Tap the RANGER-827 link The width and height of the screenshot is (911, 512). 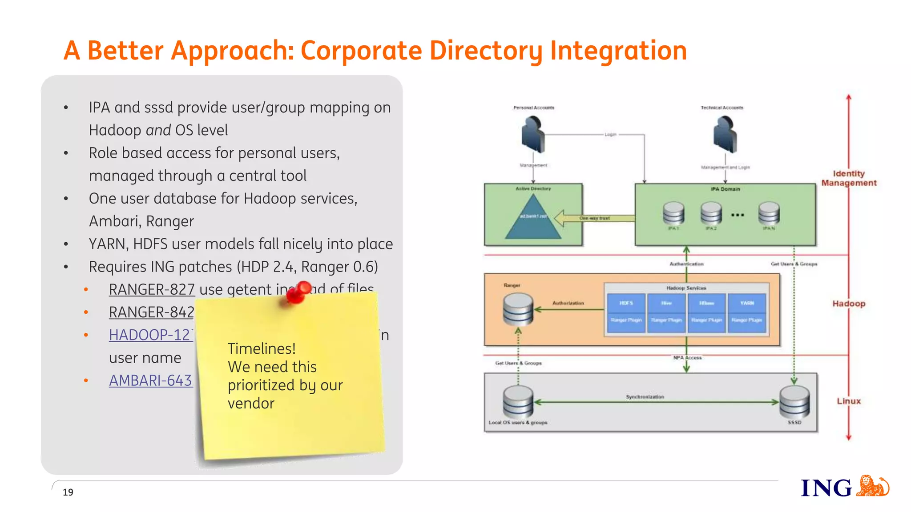[x=152, y=289]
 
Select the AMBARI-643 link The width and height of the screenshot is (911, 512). [x=150, y=380]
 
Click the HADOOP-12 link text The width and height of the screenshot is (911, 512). [x=150, y=335]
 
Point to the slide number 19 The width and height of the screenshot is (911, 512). [x=68, y=492]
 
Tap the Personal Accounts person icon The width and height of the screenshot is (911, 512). [x=533, y=134]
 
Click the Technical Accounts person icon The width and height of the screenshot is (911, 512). [x=725, y=134]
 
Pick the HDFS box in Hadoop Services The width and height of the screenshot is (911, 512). [x=626, y=303]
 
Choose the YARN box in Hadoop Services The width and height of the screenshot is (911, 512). [x=747, y=303]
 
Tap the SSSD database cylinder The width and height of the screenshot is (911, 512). [x=794, y=401]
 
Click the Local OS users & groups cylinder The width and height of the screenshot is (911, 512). [x=518, y=401]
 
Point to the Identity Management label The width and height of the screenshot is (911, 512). [x=849, y=178]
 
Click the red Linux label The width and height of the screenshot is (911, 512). [x=849, y=401]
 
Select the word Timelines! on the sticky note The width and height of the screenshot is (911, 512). [x=262, y=348]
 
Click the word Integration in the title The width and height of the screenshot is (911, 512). [x=618, y=50]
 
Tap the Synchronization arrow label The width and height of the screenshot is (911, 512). [x=645, y=396]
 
